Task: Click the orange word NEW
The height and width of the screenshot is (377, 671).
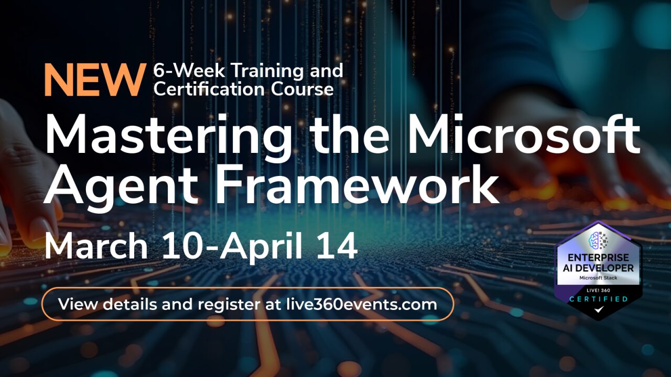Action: tap(93, 80)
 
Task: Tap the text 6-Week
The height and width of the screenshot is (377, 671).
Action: tap(189, 71)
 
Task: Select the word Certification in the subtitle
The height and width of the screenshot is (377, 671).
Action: tap(209, 89)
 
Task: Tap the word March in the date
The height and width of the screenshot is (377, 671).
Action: tap(96, 246)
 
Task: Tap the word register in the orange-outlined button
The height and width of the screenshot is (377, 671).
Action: tap(229, 305)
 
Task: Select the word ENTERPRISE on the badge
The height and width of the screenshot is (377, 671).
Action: tap(598, 258)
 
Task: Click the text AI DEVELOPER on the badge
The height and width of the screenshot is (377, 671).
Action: tap(598, 268)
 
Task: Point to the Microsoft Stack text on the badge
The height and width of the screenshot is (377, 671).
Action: tap(598, 278)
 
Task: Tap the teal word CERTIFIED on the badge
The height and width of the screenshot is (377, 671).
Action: tap(598, 299)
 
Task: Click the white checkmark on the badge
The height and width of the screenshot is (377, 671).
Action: tap(599, 309)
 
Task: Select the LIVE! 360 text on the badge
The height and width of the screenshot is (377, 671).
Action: tap(598, 290)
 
